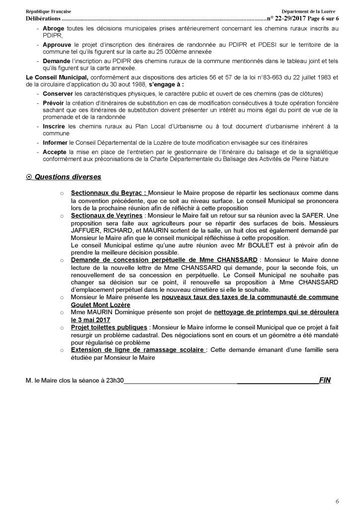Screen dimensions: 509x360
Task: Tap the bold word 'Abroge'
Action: pyautogui.click(x=53, y=28)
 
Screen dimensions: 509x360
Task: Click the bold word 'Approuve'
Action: pyautogui.click(x=57, y=44)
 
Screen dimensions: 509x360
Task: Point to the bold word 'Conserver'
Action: pyautogui.click(x=58, y=93)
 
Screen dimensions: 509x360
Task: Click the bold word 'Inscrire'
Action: pyautogui.click(x=54, y=126)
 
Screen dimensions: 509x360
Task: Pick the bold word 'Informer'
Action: pyautogui.click(x=56, y=142)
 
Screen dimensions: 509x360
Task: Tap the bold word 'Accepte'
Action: pyautogui.click(x=55, y=150)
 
